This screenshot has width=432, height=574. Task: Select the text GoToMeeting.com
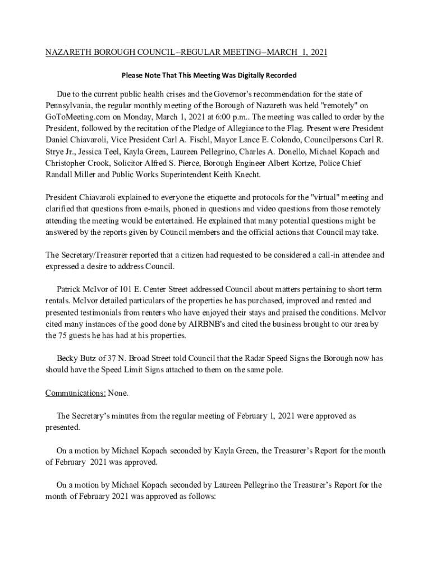(75, 117)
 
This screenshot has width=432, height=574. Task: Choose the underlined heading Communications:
(76, 393)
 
